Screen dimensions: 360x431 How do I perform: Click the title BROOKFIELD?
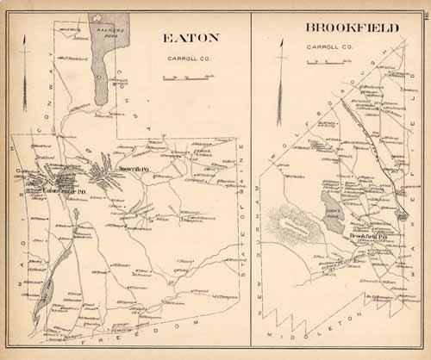351,28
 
